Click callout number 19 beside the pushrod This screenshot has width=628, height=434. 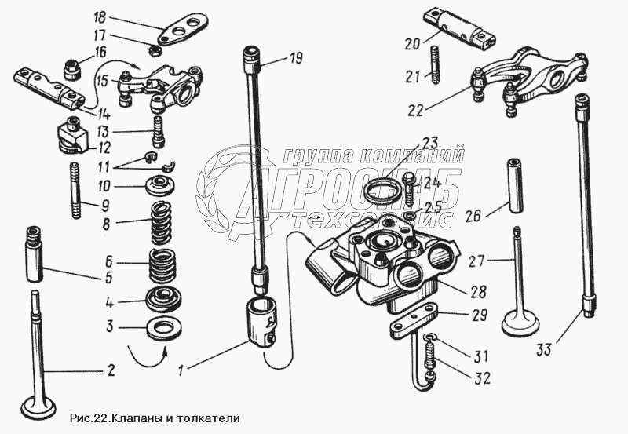coord(295,57)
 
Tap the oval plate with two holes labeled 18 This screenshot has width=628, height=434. coord(178,31)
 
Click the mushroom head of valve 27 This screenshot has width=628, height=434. coord(519,322)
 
